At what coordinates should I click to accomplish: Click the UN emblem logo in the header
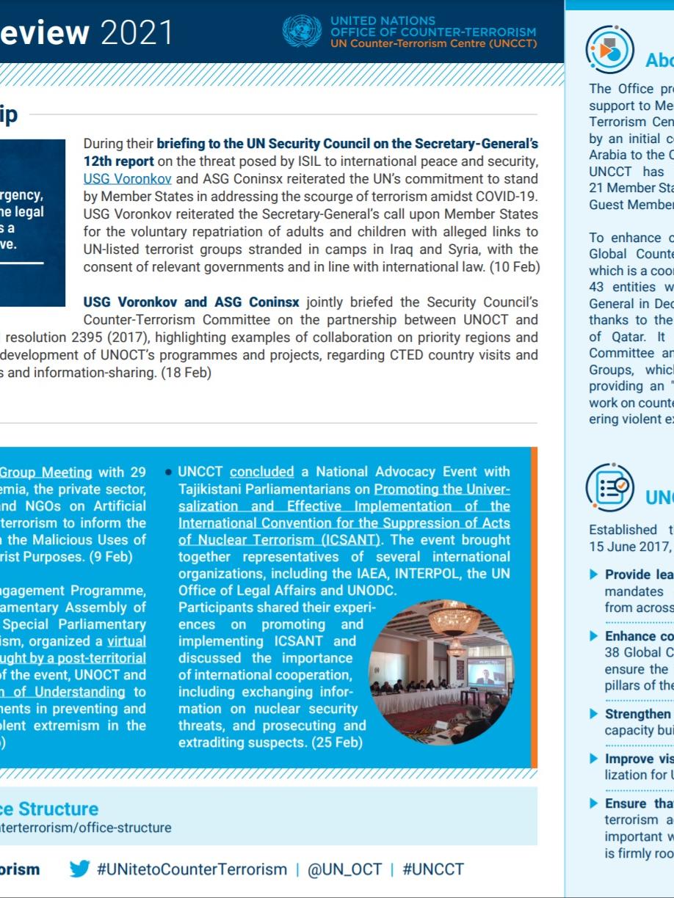tap(301, 32)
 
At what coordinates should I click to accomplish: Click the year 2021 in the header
tap(137, 32)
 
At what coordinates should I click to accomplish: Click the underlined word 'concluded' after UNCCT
tap(262, 472)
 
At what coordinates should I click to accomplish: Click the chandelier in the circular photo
tap(455, 622)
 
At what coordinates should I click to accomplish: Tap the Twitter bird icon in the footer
tap(79, 869)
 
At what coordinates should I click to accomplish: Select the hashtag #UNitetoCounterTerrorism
tap(192, 869)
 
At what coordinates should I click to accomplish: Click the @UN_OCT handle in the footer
tap(344, 869)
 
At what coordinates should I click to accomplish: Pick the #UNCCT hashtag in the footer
tap(433, 869)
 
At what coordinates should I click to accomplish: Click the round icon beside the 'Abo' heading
tap(609, 50)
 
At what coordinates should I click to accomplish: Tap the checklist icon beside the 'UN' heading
tap(609, 486)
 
